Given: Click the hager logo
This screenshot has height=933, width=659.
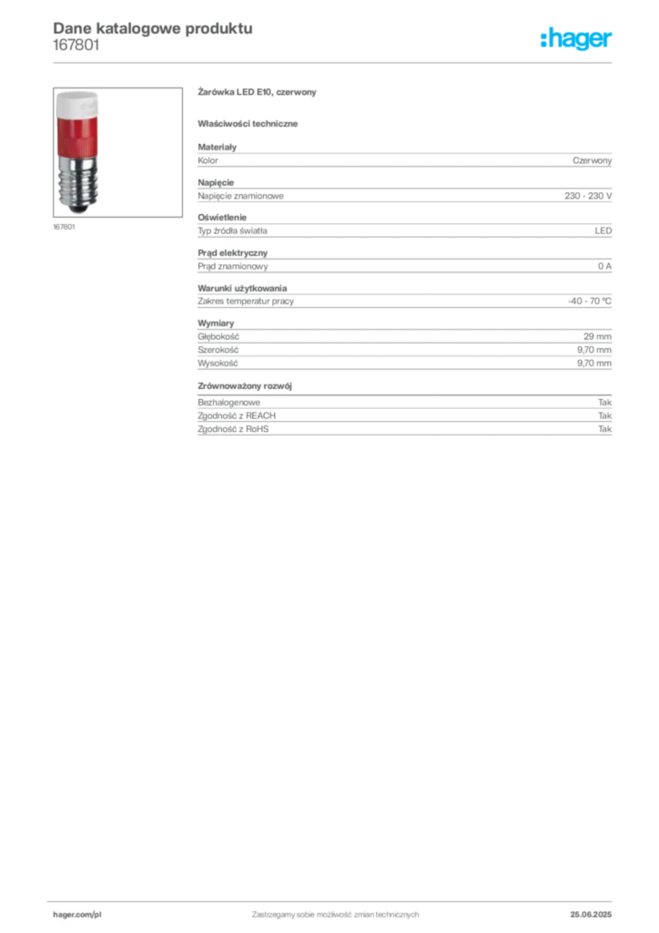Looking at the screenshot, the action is pos(576,39).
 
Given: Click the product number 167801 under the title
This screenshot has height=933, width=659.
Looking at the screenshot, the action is pos(76,46).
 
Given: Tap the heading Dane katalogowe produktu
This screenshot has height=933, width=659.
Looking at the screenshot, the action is pos(153,28).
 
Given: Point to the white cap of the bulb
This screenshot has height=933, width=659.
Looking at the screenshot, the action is pos(77,105).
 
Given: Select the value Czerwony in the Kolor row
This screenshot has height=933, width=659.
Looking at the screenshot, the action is pos(592,160).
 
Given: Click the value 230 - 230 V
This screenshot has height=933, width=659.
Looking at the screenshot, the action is pos(588,196).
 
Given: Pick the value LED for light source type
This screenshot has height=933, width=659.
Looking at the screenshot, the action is pos(603,231).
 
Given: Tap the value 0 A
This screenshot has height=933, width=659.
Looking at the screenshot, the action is pos(604,267).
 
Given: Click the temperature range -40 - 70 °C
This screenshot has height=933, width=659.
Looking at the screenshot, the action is pos(590,301).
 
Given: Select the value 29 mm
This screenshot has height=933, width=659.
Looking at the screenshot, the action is pos(597,337).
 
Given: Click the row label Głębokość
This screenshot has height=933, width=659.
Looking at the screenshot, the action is pos(218,337).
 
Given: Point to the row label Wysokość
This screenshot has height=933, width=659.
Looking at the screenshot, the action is pos(218,363).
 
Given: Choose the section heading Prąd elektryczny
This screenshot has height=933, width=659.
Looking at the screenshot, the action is pos(232,253).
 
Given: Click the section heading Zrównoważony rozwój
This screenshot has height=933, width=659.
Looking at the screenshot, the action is pos(244,386).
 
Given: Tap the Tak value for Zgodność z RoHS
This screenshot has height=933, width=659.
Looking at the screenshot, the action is pos(605,429).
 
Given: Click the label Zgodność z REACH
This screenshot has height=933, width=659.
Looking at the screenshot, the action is pos(237,415).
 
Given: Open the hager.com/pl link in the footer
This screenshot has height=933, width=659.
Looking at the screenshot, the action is pos(77,915).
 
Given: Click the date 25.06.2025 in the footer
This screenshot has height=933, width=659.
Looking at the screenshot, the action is pos(591,915).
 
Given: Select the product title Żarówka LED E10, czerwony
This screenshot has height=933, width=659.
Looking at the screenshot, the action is pos(257,92).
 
